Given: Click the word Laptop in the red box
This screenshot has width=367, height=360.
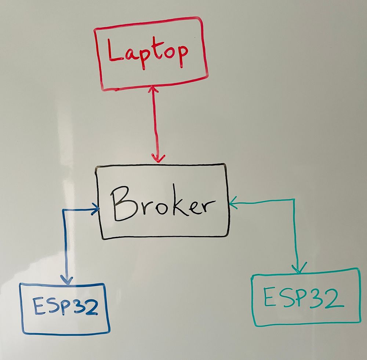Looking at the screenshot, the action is (148, 53).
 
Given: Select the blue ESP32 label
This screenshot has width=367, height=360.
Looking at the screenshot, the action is (65, 306).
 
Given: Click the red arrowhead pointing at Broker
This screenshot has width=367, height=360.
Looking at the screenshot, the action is (158, 158).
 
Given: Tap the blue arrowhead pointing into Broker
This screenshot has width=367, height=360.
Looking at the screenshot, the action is (96, 209).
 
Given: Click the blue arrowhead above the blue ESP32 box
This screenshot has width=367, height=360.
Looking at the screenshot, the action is (67, 280).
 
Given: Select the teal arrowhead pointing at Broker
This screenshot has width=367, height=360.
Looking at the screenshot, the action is (233, 203).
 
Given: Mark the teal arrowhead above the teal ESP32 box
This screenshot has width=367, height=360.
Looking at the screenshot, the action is (299, 268).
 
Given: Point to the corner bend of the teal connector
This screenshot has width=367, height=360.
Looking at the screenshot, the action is (294, 200).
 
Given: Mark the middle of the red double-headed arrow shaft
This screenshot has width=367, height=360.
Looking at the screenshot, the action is (155, 124).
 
